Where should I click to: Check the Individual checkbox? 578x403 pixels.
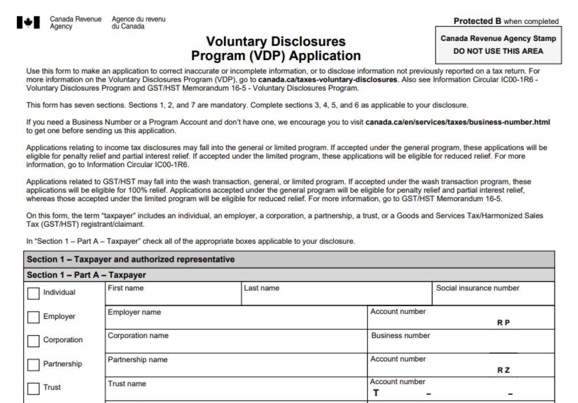pyautogui.click(x=33, y=293)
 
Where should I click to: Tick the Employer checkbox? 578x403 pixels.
pyautogui.click(x=33, y=317)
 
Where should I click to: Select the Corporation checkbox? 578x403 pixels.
pyautogui.click(x=33, y=340)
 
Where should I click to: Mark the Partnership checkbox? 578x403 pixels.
pyautogui.click(x=33, y=364)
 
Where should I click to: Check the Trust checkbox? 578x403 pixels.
pyautogui.click(x=33, y=388)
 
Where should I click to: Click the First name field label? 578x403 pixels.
pyautogui.click(x=125, y=288)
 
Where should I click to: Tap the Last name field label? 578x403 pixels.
pyautogui.click(x=261, y=288)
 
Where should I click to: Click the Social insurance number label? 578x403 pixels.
pyautogui.click(x=477, y=288)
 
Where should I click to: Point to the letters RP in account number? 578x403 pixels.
pyautogui.click(x=503, y=323)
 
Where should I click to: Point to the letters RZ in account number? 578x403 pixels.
pyautogui.click(x=503, y=370)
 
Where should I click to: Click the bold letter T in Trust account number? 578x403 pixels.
pyautogui.click(x=376, y=393)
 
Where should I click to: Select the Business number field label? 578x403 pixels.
pyautogui.click(x=400, y=335)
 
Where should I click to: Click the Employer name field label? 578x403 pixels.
pyautogui.click(x=134, y=312)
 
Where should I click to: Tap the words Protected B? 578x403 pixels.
pyautogui.click(x=477, y=21)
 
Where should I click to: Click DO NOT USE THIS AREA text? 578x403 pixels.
pyautogui.click(x=498, y=51)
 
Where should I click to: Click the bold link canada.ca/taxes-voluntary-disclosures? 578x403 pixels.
pyautogui.click(x=328, y=79)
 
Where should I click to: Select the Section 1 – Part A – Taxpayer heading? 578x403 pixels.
pyautogui.click(x=86, y=275)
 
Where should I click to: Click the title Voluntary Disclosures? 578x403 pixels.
pyautogui.click(x=276, y=41)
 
